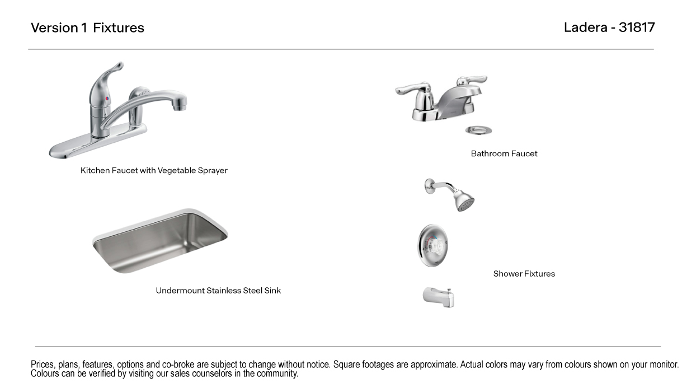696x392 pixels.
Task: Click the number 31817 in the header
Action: click(637, 27)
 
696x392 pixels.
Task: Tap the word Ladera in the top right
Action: click(585, 27)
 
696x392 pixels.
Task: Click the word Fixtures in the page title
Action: click(119, 28)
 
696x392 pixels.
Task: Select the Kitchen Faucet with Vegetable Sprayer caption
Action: click(154, 170)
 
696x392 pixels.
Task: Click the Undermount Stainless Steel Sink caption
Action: click(218, 290)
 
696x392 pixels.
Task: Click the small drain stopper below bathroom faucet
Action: click(478, 130)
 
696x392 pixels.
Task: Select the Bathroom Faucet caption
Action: click(504, 153)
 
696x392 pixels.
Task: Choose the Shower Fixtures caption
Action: click(524, 274)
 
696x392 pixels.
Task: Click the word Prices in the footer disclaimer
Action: click(43, 365)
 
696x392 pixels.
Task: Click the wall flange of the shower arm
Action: click(429, 186)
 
